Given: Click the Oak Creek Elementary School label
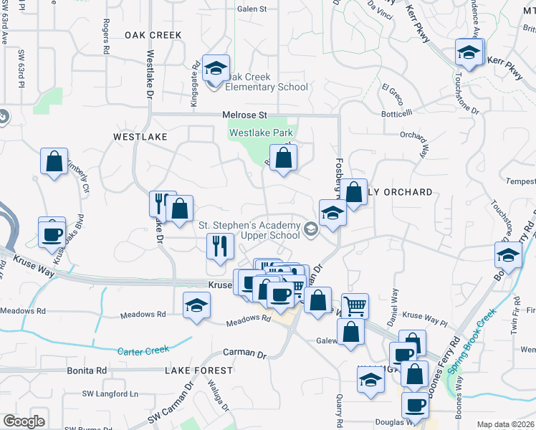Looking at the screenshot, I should pos(267,82).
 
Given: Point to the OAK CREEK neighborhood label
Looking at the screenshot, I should pos(154,34).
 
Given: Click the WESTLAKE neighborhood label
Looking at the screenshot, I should pos(140,136).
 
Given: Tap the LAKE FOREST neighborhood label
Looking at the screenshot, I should pos(198,371).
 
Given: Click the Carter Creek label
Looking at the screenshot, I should pos(144,350).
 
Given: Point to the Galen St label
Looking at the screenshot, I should pos(252,9).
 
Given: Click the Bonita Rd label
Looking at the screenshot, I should pos(87,370).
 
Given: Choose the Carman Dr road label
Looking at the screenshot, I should pos(244,353).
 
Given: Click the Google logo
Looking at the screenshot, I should pos(23,421).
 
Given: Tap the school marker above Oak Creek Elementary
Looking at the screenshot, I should pos(216,69).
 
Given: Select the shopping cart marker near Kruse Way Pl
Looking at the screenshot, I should pos(355,306).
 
